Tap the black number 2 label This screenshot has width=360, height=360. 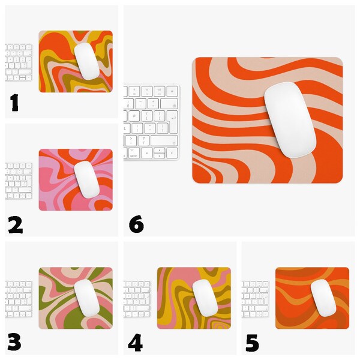click(x=16, y=225)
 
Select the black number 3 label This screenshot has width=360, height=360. click(x=14, y=342)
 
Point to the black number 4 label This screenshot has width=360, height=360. click(x=135, y=343)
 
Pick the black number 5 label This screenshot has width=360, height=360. click(x=252, y=343)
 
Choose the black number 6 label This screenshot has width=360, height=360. click(x=136, y=224)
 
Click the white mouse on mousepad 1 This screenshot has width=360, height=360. click(x=87, y=61)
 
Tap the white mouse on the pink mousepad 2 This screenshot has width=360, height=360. click(x=87, y=179)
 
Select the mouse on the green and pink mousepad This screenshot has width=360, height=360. click(x=87, y=298)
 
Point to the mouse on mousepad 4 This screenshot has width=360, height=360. click(x=205, y=298)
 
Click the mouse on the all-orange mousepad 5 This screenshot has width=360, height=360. click(x=323, y=298)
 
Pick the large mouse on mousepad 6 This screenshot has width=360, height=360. click(x=290, y=120)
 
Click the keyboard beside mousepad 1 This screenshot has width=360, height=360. click(x=19, y=62)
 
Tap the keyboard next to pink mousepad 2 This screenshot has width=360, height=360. click(x=19, y=181)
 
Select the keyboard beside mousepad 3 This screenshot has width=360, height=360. click(x=19, y=299)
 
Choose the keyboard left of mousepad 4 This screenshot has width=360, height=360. click(x=137, y=299)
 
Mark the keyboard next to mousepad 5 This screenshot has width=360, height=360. click(x=256, y=299)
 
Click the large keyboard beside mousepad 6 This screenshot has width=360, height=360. click(x=152, y=122)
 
